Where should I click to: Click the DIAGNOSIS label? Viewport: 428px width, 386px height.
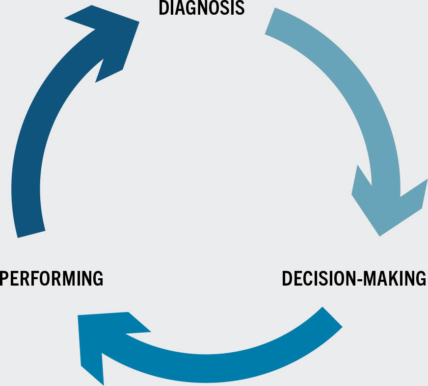click(201, 8)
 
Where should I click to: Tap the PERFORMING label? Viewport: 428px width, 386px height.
click(52, 278)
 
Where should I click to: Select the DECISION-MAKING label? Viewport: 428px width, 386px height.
click(354, 278)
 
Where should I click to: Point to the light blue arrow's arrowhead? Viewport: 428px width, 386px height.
click(388, 206)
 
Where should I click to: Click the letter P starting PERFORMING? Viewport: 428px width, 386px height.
click(5, 278)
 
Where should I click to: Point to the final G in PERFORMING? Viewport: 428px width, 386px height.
click(97, 278)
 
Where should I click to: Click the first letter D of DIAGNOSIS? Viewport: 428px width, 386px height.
click(163, 8)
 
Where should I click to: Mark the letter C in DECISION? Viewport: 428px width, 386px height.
click(306, 278)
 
